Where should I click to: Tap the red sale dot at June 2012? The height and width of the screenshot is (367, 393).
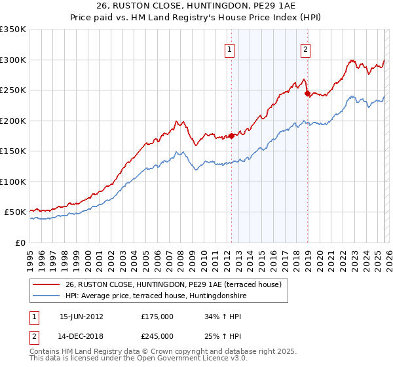tap(231, 136)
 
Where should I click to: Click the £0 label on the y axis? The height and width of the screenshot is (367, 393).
tap(21, 242)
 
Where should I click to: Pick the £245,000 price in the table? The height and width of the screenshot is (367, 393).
tap(157, 336)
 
